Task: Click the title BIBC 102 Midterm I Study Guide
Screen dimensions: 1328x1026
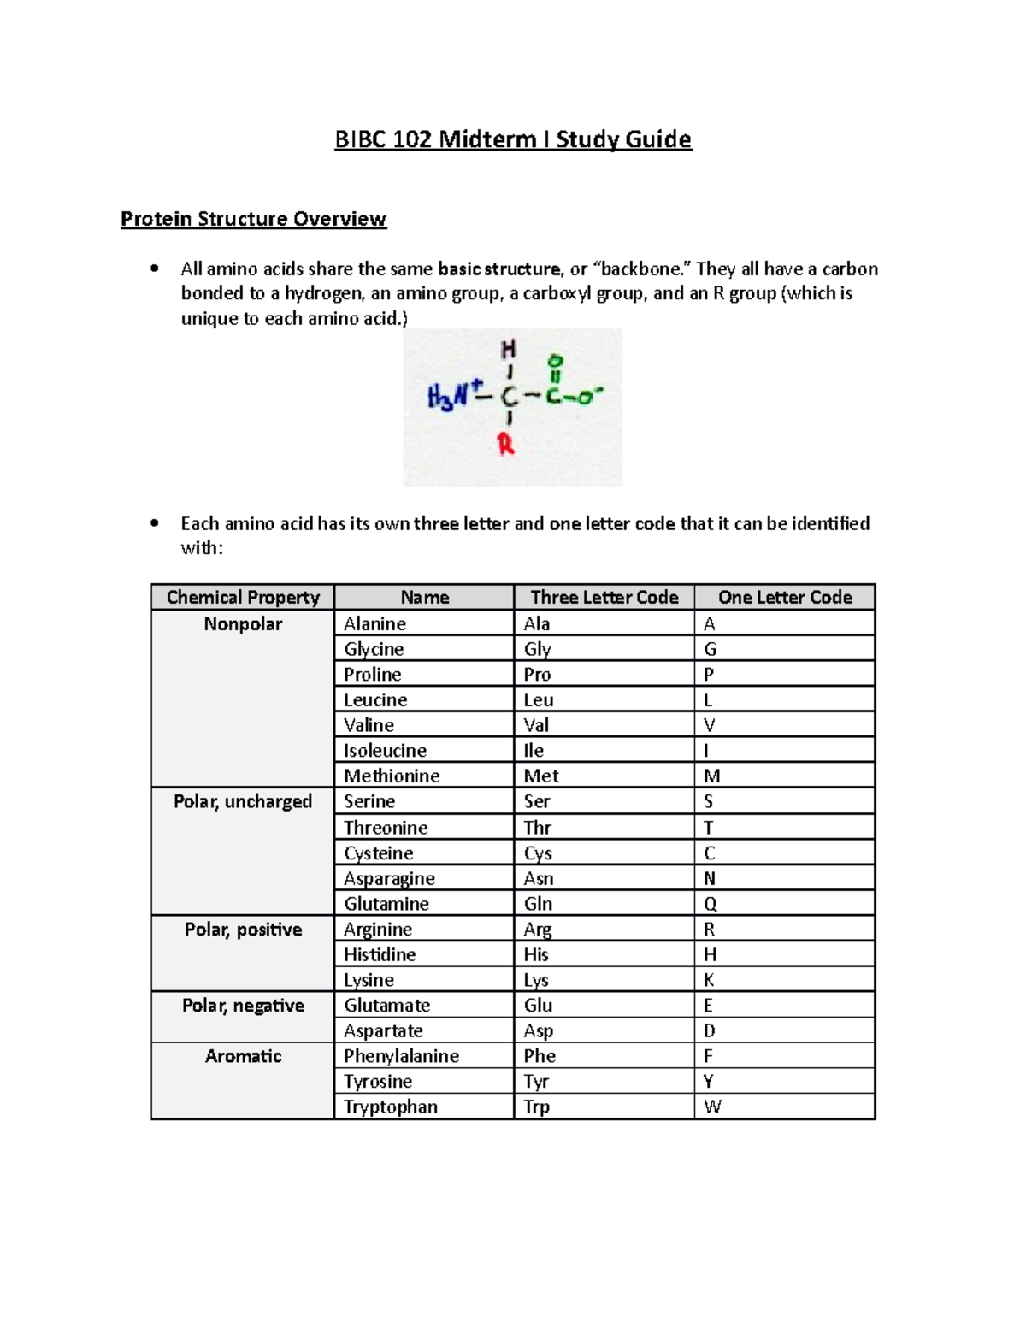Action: pos(513,139)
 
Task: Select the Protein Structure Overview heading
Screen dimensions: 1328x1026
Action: pos(253,219)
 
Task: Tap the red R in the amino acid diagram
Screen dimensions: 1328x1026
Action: pos(506,445)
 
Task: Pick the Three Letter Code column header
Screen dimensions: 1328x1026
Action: pos(604,598)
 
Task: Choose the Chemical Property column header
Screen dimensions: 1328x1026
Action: pos(243,598)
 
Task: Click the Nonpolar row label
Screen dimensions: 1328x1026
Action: pos(243,624)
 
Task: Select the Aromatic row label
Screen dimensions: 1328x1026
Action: pos(243,1056)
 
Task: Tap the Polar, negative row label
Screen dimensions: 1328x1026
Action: pos(243,1006)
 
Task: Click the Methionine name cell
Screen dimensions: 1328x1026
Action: pos(392,776)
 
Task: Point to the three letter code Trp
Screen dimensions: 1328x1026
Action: pos(536,1107)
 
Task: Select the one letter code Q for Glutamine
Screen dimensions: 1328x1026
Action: pos(710,904)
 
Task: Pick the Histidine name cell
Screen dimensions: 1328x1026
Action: pos(380,954)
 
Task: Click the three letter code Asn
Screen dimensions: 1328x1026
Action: pos(539,879)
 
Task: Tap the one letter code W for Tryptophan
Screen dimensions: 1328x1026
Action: pos(712,1107)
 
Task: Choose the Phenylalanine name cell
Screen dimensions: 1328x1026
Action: pos(401,1056)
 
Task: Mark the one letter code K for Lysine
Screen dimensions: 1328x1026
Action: pos(709,980)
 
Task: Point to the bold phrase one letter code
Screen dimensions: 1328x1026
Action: pos(611,523)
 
